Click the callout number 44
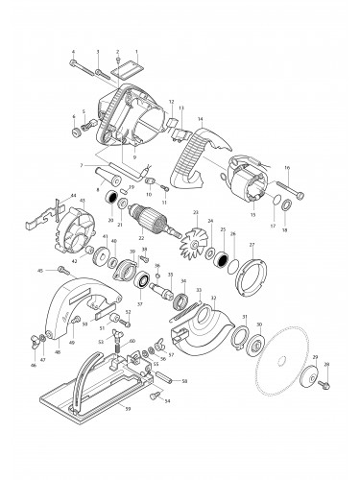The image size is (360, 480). coord(45,195)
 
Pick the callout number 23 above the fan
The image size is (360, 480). coord(196,212)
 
